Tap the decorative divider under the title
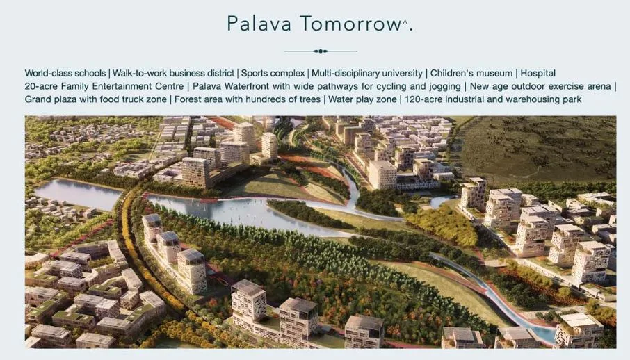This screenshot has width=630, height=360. click(320, 51)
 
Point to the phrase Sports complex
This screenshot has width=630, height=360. click(272, 73)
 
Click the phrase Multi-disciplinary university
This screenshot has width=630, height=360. click(367, 73)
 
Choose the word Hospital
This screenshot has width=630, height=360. click(538, 73)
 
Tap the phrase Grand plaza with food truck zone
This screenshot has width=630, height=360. click(96, 99)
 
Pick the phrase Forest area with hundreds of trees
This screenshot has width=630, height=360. click(248, 99)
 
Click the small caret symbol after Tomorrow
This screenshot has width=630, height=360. click(405, 21)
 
